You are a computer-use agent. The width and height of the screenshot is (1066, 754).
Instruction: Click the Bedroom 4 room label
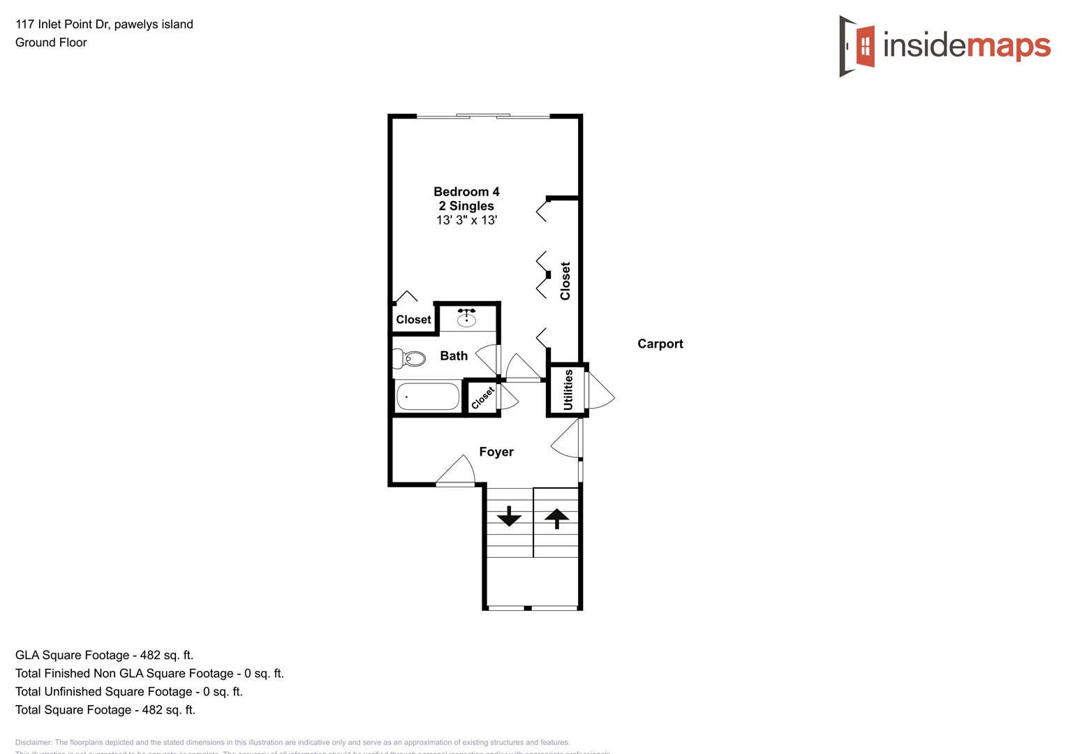[x=466, y=192]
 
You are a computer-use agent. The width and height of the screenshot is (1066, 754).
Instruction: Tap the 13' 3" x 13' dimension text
[x=466, y=221]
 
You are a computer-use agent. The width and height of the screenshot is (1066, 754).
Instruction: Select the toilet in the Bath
[x=410, y=359]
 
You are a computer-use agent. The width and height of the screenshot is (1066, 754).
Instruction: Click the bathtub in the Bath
[x=428, y=397]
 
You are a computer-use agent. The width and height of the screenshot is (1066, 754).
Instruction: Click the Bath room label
[x=454, y=356]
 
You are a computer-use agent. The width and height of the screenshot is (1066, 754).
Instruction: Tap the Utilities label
[x=568, y=390]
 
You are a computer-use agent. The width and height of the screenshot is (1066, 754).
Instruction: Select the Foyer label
[x=496, y=452]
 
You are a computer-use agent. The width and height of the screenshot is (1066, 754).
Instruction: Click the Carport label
[x=660, y=343]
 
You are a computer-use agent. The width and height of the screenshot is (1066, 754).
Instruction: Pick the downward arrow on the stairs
[x=509, y=516]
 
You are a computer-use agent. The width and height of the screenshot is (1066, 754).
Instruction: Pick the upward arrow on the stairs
[x=556, y=519]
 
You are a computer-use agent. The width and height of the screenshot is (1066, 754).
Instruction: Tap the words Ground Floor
[x=51, y=43]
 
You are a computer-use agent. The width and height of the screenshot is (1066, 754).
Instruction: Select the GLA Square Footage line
[x=105, y=655]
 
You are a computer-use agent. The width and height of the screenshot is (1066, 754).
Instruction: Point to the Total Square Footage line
[x=105, y=709]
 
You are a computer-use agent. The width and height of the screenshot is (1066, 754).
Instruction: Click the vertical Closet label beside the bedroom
[x=565, y=281]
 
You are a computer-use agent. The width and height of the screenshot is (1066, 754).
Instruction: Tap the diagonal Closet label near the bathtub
[x=482, y=398]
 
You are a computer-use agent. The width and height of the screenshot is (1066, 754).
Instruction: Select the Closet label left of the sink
[x=413, y=320]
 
